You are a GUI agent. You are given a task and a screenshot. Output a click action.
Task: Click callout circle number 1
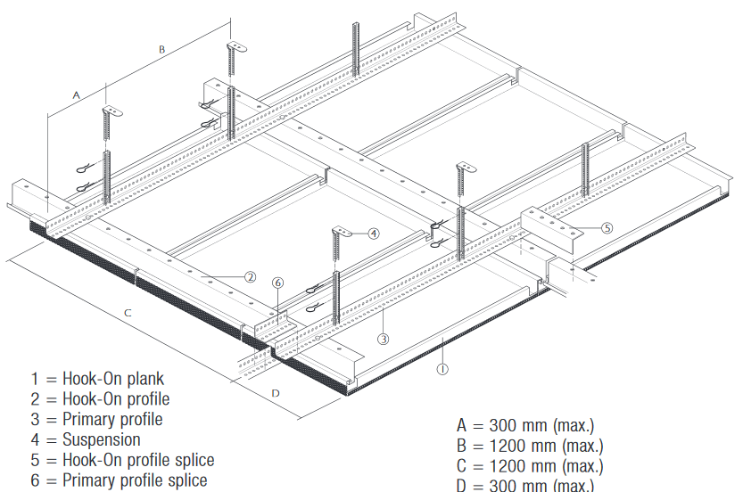(x=442, y=365)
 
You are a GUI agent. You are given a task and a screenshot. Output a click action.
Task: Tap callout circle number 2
(x=251, y=277)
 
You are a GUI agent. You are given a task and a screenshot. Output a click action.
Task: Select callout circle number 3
(x=383, y=339)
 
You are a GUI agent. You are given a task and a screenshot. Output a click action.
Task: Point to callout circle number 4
(x=374, y=233)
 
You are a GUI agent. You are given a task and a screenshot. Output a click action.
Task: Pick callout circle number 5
(x=607, y=227)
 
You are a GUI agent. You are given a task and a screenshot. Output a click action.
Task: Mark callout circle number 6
(x=278, y=283)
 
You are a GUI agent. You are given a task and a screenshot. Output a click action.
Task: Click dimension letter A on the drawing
(x=76, y=94)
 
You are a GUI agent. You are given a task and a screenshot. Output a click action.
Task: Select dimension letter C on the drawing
(x=128, y=313)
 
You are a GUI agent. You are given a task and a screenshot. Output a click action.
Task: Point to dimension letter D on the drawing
(x=276, y=392)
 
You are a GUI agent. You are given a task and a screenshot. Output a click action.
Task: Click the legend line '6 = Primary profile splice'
(x=119, y=480)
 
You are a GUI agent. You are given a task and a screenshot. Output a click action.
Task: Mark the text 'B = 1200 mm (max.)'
(x=529, y=445)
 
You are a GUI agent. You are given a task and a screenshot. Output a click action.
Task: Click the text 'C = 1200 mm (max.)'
(x=529, y=465)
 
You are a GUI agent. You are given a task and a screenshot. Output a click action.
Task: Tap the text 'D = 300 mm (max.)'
(x=524, y=485)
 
